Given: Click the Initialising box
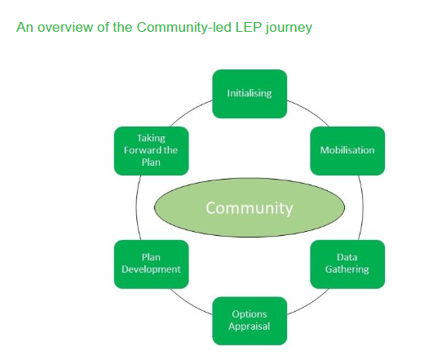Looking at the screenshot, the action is pos(250,94).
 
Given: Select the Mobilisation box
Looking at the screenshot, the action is pos(347,151).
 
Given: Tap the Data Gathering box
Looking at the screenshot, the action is pos(347,264).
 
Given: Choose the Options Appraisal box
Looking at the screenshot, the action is pos(250,321).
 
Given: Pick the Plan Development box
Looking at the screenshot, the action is pos(152,264).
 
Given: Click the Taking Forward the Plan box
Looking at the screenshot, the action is pos(152,151).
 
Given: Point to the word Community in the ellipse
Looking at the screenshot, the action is pos(250,208).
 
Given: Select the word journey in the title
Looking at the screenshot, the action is pos(289,29).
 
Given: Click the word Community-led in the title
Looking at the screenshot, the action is pos(184,27).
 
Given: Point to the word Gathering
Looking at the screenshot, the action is pos(347,269).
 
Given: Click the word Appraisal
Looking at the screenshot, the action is pos(250,327).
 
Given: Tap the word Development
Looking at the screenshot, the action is pos(151,269).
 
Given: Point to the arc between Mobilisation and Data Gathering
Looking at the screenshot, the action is pos(362,207).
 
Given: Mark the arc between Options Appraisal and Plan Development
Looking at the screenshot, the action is pos(189,304).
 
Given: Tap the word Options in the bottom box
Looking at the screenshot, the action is pos(250,314).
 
